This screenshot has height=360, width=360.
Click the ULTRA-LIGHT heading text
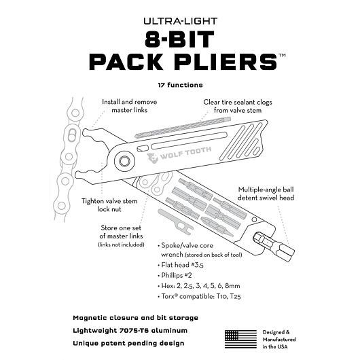[x=180, y=21]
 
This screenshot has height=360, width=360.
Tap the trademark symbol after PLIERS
[x=282, y=55]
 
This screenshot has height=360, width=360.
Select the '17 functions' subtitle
[x=180, y=85]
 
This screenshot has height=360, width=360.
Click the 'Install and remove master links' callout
[x=130, y=106]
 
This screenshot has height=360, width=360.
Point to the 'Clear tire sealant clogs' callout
[x=238, y=106]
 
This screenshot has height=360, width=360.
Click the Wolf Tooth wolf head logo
[x=152, y=158]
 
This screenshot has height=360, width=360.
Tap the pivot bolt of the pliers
[x=124, y=161]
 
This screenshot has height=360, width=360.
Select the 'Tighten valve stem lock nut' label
[x=109, y=205]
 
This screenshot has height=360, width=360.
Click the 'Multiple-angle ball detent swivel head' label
[x=266, y=194]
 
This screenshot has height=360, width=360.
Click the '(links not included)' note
[x=121, y=245]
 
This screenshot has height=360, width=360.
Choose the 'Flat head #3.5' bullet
[x=181, y=265]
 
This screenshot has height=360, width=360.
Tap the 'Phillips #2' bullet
[x=175, y=275]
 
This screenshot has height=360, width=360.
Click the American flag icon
[x=240, y=340]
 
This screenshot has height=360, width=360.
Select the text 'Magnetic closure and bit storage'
[x=135, y=318]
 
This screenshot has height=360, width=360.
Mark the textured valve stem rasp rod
[x=183, y=128]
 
